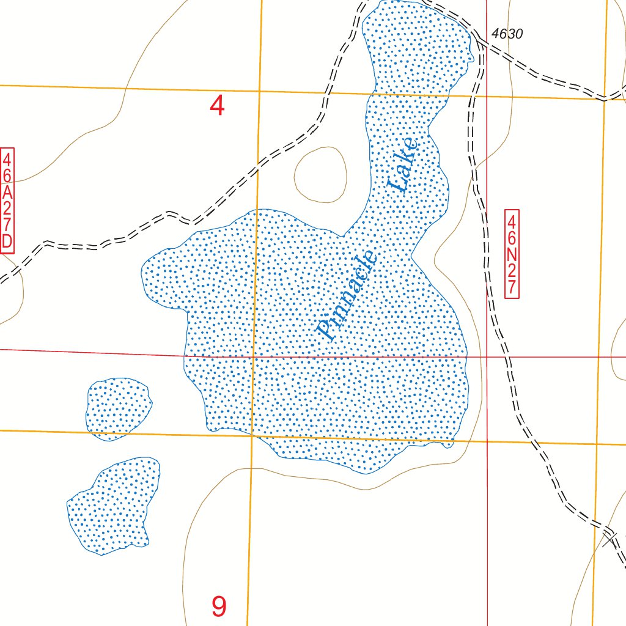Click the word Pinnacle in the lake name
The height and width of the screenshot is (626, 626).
[347, 296]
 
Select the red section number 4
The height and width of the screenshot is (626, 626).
[217, 106]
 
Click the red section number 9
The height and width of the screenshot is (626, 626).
[219, 606]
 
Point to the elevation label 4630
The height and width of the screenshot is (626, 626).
[507, 35]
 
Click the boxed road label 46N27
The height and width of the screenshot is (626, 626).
[512, 254]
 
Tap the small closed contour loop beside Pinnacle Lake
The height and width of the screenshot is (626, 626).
[320, 175]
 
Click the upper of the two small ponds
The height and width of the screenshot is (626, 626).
[118, 408]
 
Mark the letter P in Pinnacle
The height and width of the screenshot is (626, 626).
[326, 330]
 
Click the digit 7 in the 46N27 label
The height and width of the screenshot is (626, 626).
[512, 287]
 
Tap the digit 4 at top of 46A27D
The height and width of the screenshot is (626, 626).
[7, 159]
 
